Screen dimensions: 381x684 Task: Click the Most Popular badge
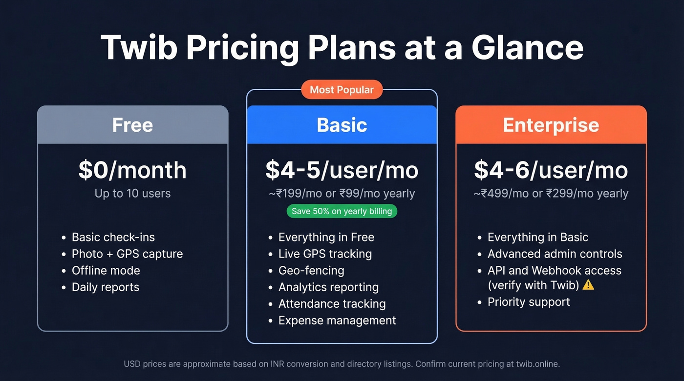[x=342, y=90]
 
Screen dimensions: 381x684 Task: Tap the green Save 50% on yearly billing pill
[x=342, y=211]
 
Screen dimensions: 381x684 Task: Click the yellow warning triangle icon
[x=588, y=284]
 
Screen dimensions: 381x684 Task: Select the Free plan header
[x=132, y=125]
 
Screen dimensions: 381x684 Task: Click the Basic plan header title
[x=342, y=125]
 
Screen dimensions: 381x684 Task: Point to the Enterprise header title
[x=551, y=125]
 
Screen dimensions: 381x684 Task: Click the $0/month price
[x=132, y=170]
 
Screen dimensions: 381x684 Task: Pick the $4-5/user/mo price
[x=342, y=170]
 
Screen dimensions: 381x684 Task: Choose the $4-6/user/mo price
[x=551, y=170]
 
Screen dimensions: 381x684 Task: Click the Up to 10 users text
[x=132, y=193]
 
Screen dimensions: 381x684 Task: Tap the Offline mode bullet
[x=106, y=270]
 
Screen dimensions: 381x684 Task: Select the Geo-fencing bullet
[x=311, y=270]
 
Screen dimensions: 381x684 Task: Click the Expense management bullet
[x=337, y=321]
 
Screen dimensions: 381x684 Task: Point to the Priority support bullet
[x=528, y=302]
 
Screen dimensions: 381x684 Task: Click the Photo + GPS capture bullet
[x=127, y=254]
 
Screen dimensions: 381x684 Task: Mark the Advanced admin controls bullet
[x=555, y=254]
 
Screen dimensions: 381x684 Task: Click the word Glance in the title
[x=527, y=47]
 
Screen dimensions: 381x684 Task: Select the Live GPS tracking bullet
[x=325, y=254]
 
